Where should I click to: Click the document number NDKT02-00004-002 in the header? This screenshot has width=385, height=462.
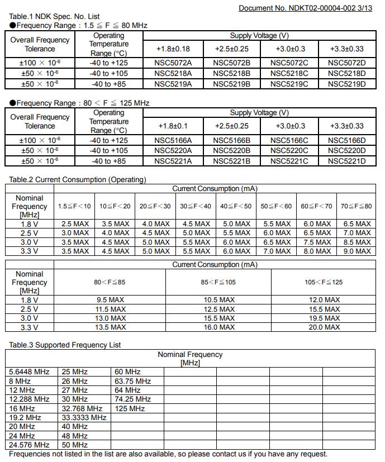(307, 8)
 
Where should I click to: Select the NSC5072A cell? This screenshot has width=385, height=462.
(173, 63)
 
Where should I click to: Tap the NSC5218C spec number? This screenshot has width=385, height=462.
(289, 73)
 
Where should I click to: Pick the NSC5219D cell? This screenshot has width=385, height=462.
(346, 84)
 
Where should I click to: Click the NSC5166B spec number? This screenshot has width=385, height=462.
(231, 141)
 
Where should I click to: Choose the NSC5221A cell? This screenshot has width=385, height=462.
(173, 161)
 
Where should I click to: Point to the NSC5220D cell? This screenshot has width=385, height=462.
(346, 151)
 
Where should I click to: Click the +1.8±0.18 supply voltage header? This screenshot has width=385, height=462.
(174, 49)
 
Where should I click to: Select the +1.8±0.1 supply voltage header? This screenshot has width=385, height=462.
(173, 126)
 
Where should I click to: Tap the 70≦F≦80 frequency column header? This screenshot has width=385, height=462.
(356, 206)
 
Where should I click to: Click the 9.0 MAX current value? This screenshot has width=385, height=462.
(357, 251)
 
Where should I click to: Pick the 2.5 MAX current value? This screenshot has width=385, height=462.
(74, 224)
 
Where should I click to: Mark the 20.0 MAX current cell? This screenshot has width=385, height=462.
(324, 327)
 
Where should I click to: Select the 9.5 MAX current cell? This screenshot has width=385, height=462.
(110, 300)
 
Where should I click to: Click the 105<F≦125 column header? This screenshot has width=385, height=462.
(324, 282)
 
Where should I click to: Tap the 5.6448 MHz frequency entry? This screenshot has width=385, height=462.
(30, 372)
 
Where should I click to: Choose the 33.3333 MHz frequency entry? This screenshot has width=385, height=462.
(84, 418)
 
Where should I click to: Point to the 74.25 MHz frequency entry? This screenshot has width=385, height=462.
(132, 399)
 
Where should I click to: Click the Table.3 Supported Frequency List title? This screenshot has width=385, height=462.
(65, 345)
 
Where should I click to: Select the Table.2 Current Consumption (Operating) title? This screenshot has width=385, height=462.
(78, 180)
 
